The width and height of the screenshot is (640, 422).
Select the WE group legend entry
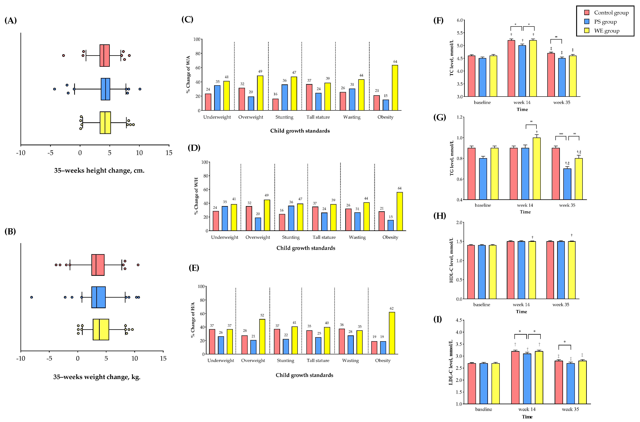click(x=606, y=31)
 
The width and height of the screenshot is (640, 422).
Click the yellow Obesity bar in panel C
click(x=395, y=88)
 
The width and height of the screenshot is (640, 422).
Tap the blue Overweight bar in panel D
click(x=258, y=224)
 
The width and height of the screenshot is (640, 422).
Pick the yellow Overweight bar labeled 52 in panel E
click(x=262, y=336)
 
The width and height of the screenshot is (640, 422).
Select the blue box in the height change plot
click(x=105, y=89)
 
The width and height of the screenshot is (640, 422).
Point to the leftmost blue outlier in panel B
click(x=32, y=297)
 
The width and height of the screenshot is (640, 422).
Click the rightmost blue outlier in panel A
click(x=140, y=89)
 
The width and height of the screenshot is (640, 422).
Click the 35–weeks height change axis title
click(x=99, y=171)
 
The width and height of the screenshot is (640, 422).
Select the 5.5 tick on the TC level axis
click(x=460, y=33)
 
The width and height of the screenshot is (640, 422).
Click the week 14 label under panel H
click(x=521, y=305)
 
